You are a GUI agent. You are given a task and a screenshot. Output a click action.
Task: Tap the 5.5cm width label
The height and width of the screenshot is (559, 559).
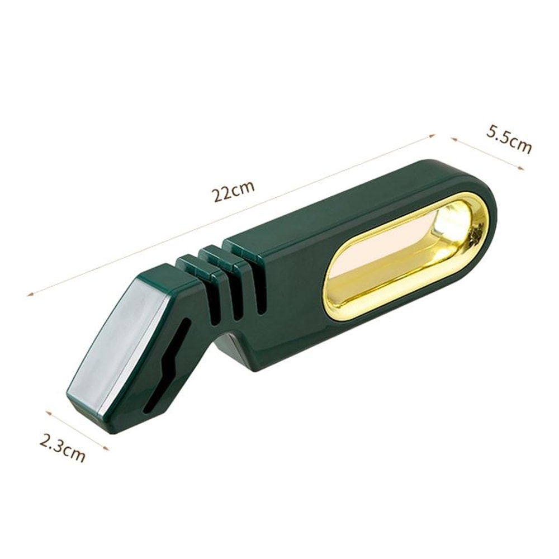509,139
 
